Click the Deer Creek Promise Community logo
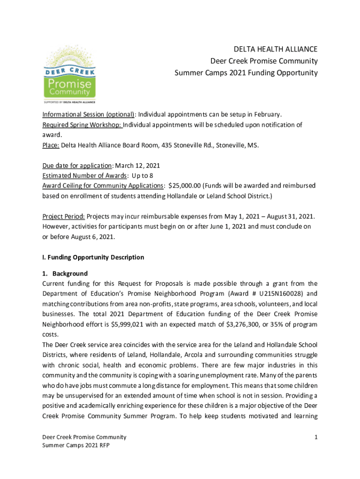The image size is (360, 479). click(x=70, y=75)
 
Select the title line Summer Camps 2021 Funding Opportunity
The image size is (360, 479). click(x=246, y=73)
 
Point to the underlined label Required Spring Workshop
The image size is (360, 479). click(x=82, y=125)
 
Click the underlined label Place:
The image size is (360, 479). click(x=50, y=145)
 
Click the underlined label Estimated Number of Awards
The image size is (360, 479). click(x=85, y=176)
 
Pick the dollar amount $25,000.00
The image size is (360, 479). click(x=187, y=186)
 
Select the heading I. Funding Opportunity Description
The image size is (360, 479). click(x=93, y=257)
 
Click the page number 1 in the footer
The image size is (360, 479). click(x=316, y=437)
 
